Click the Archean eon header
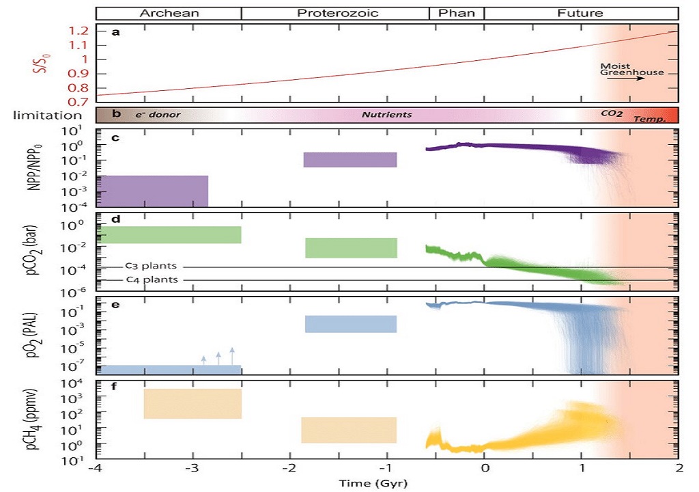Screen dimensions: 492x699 tap(169, 13)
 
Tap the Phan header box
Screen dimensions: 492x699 tap(457, 13)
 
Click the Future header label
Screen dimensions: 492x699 tap(580, 13)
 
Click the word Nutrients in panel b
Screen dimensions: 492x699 tap(386, 115)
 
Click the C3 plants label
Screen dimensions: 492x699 tap(152, 266)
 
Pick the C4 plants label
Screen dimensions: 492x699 tap(152, 279)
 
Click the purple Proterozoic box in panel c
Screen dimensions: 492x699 tap(350, 159)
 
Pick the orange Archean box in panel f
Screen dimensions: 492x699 tap(192, 403)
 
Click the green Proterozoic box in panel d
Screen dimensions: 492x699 tap(351, 247)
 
